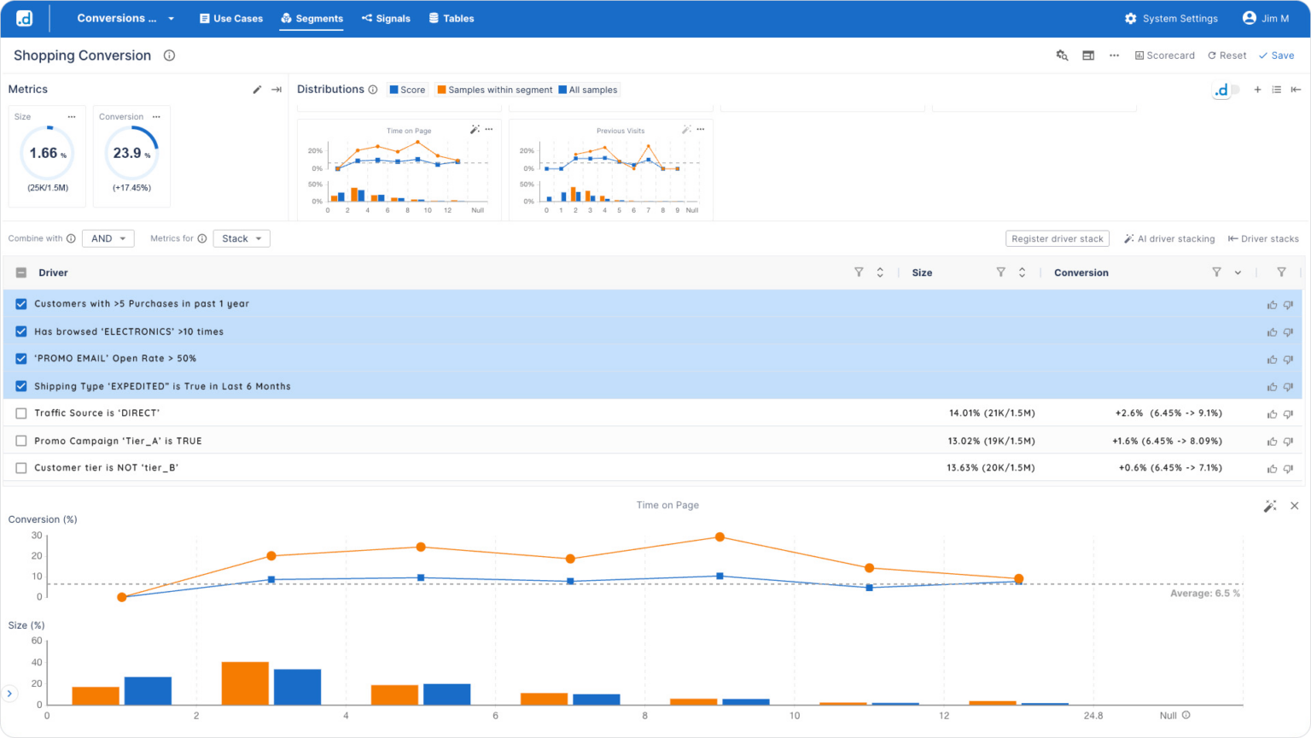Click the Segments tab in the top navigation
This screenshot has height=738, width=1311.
(x=312, y=18)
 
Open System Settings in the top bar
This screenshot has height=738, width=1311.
(x=1171, y=18)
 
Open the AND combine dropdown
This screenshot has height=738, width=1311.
(x=108, y=238)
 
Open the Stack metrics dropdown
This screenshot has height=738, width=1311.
(x=242, y=238)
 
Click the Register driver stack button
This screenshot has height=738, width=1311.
(x=1058, y=239)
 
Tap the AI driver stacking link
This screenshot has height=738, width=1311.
(x=1169, y=239)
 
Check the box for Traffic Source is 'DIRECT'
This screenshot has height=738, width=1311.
(x=21, y=413)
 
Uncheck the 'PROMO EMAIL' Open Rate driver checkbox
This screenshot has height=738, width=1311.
(x=21, y=359)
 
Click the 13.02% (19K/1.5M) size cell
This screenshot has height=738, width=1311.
(x=991, y=441)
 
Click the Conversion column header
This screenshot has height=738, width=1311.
(x=1081, y=272)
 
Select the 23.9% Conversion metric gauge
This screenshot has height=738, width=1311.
(x=131, y=154)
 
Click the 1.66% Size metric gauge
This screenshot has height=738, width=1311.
(x=47, y=154)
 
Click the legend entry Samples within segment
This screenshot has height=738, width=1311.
(x=494, y=90)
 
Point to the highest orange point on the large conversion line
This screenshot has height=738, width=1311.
(x=720, y=537)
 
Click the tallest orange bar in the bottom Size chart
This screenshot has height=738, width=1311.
(x=245, y=683)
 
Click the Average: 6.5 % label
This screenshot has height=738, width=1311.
(x=1204, y=593)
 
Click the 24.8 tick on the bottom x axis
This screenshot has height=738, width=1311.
(x=1092, y=716)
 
